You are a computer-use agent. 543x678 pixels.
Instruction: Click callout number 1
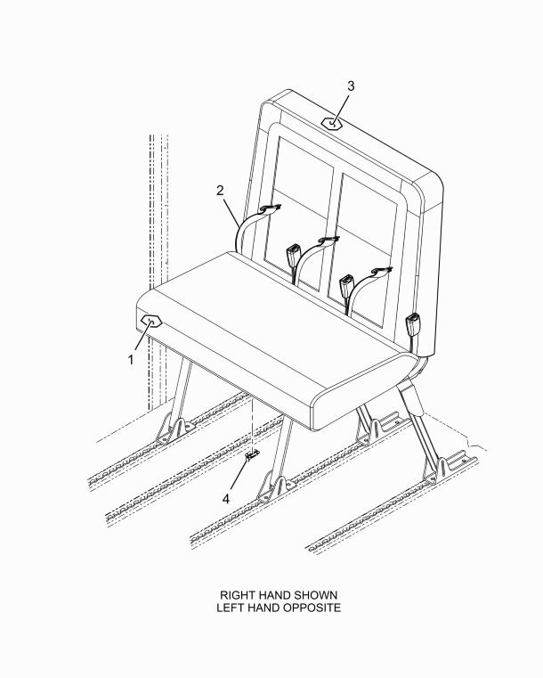tap(130, 360)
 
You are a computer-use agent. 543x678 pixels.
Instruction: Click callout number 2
tap(219, 190)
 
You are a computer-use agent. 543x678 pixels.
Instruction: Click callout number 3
tap(351, 86)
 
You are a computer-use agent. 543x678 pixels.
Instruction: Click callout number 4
tap(226, 499)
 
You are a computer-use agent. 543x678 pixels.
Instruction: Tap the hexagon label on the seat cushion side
tap(150, 322)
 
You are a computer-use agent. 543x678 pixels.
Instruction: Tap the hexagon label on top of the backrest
tap(332, 124)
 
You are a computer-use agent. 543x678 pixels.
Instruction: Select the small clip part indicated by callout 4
tap(253, 456)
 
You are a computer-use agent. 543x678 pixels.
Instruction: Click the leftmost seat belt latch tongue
tap(271, 209)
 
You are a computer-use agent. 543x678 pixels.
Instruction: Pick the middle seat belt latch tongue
tap(328, 240)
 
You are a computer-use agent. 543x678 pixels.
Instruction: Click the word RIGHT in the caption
tap(239, 594)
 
